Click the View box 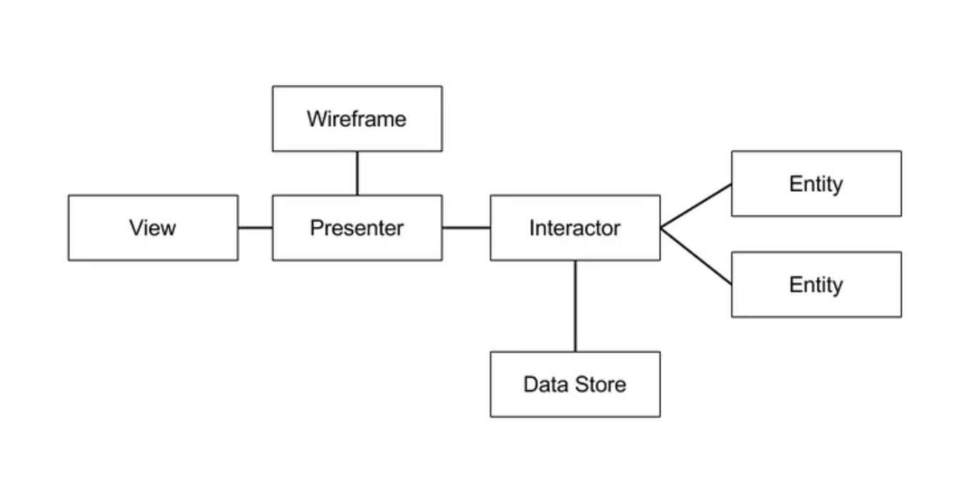coord(153,227)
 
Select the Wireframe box coord(357,118)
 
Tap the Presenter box coord(357,227)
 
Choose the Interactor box coord(574,227)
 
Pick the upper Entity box coord(816,183)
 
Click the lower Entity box coord(816,284)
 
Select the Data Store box coord(574,384)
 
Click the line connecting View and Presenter coord(255,227)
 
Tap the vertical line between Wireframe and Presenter coord(357,173)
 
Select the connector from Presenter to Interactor coord(466,227)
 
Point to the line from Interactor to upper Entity coord(696,206)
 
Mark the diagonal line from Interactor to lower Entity coord(696,256)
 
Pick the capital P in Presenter coord(316,227)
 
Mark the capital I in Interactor coord(532,227)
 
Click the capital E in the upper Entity coord(795,183)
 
